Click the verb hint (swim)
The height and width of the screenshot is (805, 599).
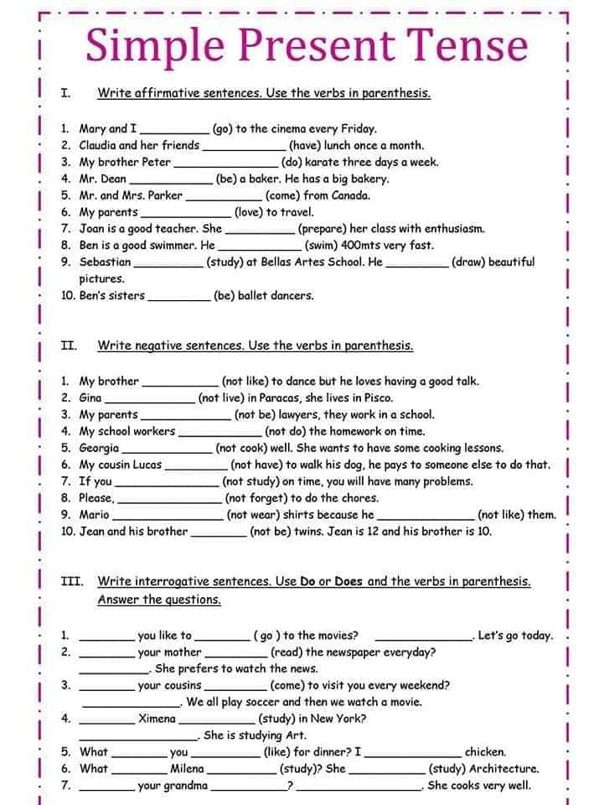point(322,246)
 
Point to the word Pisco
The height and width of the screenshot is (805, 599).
point(377,397)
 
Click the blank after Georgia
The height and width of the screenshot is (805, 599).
point(167,448)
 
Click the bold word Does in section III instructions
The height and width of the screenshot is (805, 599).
point(348,580)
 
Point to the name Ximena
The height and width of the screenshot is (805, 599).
point(157,719)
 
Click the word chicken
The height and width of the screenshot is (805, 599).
point(485,752)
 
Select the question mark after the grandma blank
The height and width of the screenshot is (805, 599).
point(290,786)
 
